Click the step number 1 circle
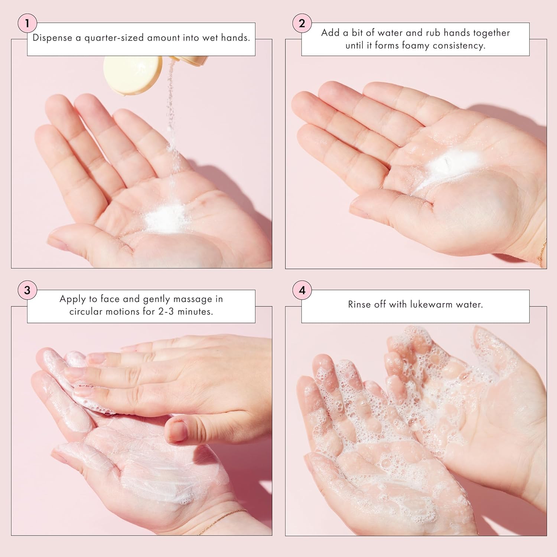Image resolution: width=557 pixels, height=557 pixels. [x=27, y=23]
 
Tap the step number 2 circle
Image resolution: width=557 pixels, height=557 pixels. [x=302, y=23]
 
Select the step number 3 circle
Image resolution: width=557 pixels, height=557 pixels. [x=27, y=290]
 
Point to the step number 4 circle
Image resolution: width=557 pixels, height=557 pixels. [x=302, y=290]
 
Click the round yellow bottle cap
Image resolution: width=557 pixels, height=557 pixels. [x=132, y=75]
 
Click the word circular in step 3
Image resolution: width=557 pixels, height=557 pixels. [x=88, y=312]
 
